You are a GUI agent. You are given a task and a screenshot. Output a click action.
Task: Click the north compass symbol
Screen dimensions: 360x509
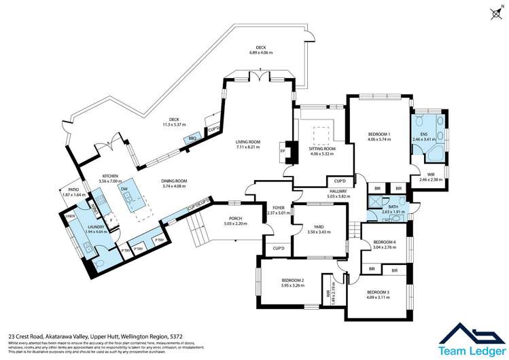[x=498, y=10]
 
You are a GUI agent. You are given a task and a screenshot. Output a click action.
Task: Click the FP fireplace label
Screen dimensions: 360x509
[x=282, y=151]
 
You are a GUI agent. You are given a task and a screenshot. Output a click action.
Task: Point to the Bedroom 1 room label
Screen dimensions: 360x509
[x=379, y=134]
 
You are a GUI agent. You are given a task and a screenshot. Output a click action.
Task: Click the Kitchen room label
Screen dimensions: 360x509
[x=110, y=174]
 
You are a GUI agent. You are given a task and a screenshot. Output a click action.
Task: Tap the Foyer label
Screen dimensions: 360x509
[x=278, y=208]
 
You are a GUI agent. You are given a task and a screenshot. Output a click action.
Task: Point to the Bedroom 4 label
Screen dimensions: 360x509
[x=385, y=242]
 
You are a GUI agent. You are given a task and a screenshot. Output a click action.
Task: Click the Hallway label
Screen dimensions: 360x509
[x=338, y=192]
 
